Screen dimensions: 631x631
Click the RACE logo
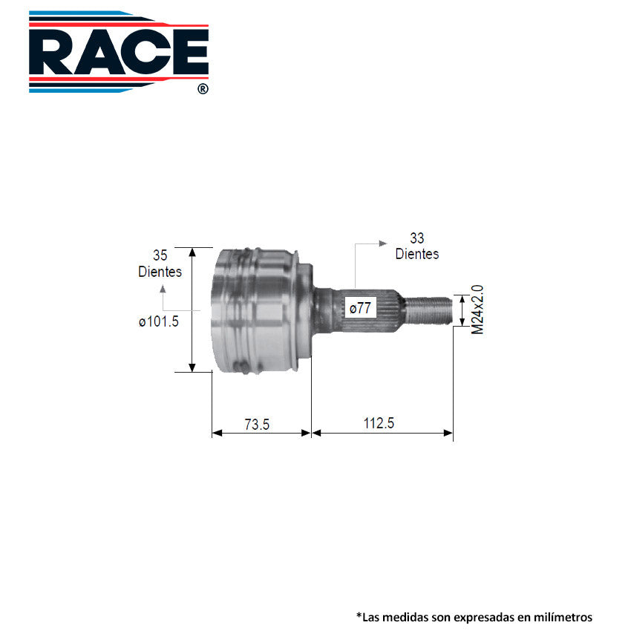119,52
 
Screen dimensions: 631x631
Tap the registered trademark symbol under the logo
203,88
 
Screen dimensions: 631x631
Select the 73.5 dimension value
257,424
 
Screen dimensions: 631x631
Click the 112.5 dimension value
379,424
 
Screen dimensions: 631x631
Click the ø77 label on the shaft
360,307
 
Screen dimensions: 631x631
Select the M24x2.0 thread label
477,309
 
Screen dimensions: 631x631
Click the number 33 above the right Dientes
417,238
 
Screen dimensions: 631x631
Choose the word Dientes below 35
160,271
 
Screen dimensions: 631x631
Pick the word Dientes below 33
417,254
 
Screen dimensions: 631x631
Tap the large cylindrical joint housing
256,310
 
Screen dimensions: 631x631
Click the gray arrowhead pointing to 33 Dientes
383,243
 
